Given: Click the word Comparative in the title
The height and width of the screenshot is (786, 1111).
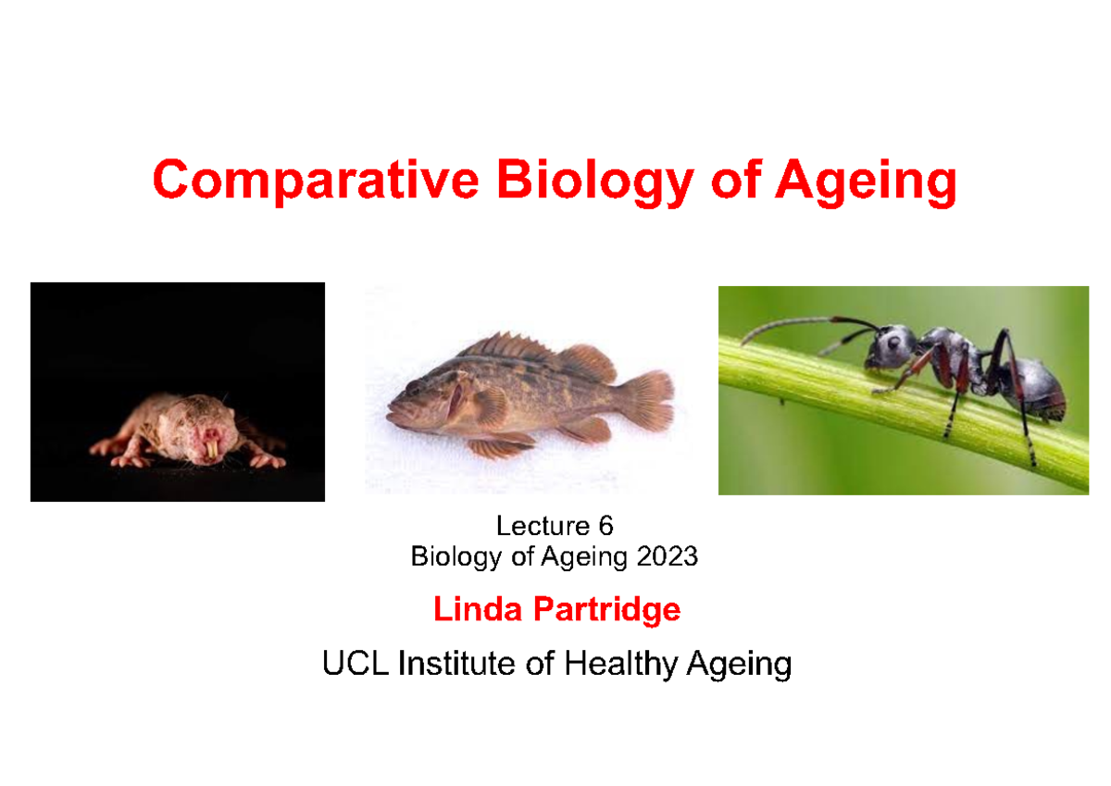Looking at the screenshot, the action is point(316,181).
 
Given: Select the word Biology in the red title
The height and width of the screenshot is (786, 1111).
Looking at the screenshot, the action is point(595,182).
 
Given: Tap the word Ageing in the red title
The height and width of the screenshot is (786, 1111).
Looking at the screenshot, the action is point(866,182).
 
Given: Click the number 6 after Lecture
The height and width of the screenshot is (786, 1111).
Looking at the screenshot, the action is point(605,526).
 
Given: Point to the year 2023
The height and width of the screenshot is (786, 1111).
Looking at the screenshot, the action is point(668,556).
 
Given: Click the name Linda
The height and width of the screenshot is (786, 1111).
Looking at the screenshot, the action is point(478,609).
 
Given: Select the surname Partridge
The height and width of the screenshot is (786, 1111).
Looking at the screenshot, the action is point(607,611).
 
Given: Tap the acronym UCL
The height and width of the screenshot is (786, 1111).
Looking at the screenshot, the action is point(356,663).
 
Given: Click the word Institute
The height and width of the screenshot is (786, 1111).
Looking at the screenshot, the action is point(456,663).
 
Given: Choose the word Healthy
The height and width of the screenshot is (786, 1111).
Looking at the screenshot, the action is point(621,665).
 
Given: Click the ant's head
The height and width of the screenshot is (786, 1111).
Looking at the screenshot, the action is point(888,347).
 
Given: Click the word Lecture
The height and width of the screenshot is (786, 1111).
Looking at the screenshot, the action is point(543,526).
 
